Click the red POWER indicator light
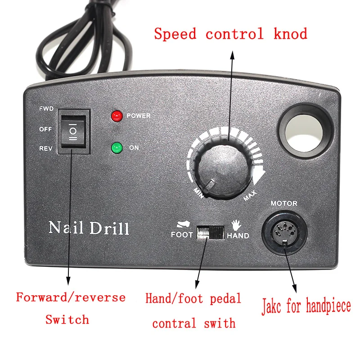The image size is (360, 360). click(x=117, y=116)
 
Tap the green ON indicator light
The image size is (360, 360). click(x=117, y=148)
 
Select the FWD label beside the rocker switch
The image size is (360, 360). click(x=46, y=109)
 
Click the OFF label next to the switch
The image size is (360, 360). click(x=46, y=129)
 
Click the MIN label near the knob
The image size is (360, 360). click(x=198, y=192)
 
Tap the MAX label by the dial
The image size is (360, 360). click(x=251, y=196)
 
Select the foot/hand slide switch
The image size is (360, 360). click(x=211, y=234)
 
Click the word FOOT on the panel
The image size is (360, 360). click(x=182, y=234)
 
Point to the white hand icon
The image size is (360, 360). click(x=237, y=225)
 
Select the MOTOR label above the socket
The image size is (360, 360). click(x=283, y=203)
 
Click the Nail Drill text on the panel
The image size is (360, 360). click(x=89, y=227)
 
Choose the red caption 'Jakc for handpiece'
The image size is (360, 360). click(x=306, y=307)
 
